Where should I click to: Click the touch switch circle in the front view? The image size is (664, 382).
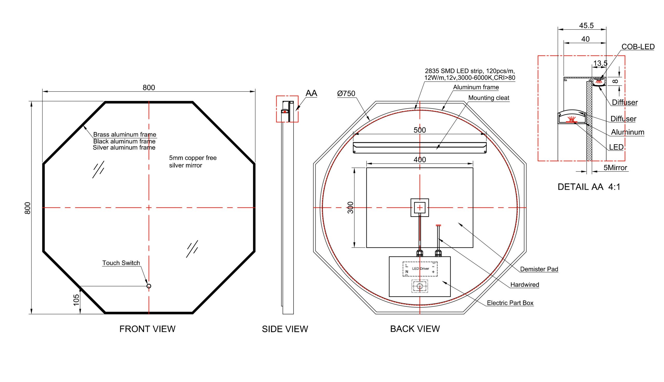(149, 286)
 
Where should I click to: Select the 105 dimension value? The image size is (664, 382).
(76, 300)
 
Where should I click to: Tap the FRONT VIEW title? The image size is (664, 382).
(147, 329)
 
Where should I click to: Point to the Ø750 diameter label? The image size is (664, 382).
(346, 93)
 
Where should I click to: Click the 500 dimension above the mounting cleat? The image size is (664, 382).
(419, 130)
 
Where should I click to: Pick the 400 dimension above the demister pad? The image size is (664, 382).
(419, 159)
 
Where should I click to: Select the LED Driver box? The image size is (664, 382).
(420, 269)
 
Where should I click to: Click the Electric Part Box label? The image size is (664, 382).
(510, 303)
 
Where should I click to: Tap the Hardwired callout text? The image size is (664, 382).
(524, 285)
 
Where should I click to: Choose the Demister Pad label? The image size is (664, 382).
(539, 269)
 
